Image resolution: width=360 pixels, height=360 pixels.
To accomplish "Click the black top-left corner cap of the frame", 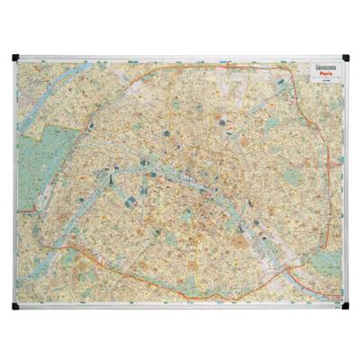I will click(x=15, y=58).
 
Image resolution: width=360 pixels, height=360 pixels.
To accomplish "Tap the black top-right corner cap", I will click(x=344, y=58).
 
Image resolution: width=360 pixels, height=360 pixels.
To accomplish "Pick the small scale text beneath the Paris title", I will click(x=315, y=84).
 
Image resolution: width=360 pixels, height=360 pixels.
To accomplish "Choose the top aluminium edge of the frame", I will click(x=180, y=57).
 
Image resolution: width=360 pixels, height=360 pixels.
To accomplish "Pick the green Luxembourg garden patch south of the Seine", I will click(x=184, y=216).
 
